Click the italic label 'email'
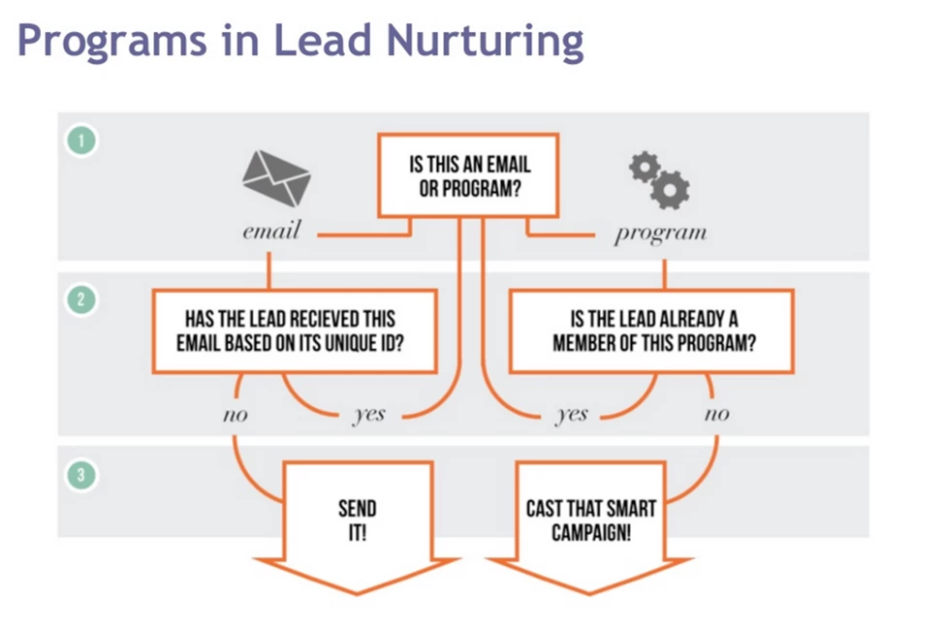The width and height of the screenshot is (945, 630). coord(271,233)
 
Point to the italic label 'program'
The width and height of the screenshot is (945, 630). coord(660,234)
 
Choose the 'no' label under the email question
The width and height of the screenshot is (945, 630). coord(235,415)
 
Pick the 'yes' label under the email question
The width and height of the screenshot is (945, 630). coord(368,415)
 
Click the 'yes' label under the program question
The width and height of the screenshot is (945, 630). coord(571,415)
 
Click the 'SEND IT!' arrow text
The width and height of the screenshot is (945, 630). coord(357,520)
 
